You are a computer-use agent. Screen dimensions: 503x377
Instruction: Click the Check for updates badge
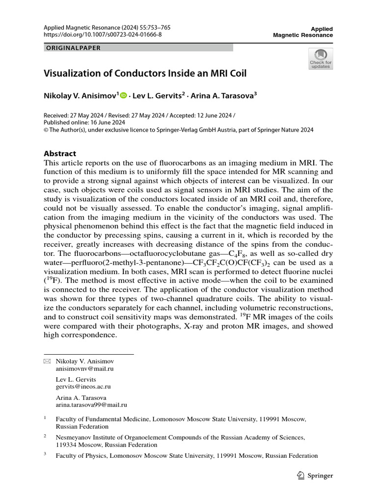[321, 58]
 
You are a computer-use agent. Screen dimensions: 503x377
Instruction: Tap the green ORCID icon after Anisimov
[123, 96]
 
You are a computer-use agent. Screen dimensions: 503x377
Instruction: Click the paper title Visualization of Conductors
[145, 74]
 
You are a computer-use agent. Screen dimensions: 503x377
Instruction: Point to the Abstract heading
[60, 154]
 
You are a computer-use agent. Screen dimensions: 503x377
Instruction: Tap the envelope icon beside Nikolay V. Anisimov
[47, 361]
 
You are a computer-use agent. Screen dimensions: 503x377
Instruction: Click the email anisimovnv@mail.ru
[85, 368]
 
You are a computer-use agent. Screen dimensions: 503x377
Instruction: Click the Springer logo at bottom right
[315, 475]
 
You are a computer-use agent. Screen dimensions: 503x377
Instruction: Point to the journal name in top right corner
[302, 32]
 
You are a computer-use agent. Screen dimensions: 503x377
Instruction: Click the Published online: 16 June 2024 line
[84, 122]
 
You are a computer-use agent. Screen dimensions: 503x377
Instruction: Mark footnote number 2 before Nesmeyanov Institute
[45, 436]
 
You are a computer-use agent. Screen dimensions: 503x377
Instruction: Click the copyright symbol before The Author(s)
[47, 130]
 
